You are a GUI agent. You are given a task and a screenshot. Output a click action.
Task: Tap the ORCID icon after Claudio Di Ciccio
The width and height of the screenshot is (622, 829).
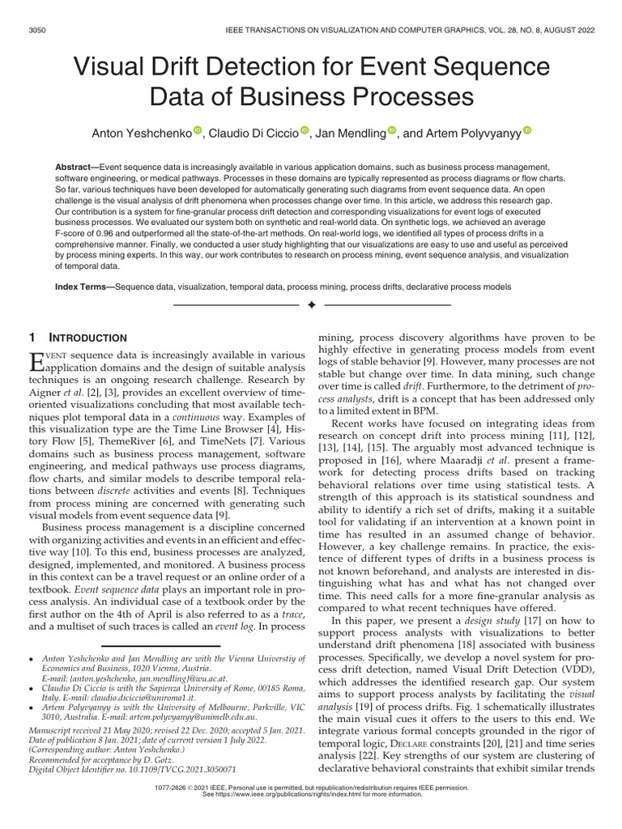(305, 130)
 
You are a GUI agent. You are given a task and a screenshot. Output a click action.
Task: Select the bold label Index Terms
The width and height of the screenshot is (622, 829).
(84, 287)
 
